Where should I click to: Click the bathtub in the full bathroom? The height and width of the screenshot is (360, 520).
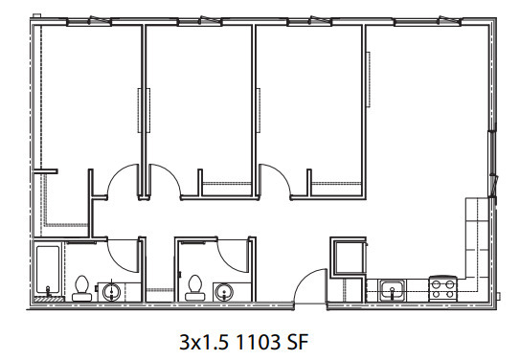point(48,270)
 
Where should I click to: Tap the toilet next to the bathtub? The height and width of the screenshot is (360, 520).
point(81,288)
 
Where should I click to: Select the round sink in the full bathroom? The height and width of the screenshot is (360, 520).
point(111,292)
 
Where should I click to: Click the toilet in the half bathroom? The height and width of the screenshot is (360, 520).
point(194,287)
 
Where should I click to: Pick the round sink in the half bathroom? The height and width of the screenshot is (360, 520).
point(224,292)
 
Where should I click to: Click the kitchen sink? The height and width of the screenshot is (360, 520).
point(393,290)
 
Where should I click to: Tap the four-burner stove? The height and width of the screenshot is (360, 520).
point(442,289)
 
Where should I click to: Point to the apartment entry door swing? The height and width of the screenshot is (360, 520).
point(305,281)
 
